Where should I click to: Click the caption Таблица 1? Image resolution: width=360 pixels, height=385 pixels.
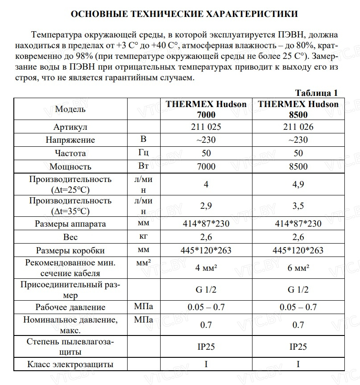click(x=316, y=93)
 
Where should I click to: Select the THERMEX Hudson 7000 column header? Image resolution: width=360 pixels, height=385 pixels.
click(x=206, y=109)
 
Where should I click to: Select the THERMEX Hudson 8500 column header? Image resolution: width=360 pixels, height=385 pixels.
click(x=298, y=109)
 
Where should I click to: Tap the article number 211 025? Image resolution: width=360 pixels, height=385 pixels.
click(x=206, y=127)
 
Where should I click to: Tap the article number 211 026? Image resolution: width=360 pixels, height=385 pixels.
click(x=298, y=127)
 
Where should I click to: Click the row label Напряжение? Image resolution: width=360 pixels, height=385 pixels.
click(x=70, y=140)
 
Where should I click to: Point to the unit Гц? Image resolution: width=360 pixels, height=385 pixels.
click(x=144, y=153)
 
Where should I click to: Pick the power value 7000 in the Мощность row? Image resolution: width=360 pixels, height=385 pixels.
click(x=206, y=166)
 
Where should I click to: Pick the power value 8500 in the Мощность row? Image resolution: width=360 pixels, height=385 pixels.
click(x=298, y=166)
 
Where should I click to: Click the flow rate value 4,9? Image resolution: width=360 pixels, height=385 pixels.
click(x=298, y=184)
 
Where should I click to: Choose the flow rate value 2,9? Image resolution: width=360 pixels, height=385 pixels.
click(x=206, y=206)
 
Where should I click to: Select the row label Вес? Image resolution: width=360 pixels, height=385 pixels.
click(x=70, y=237)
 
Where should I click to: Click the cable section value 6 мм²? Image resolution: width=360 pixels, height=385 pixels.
click(x=298, y=268)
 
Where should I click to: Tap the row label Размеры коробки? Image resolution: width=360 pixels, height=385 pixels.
click(x=70, y=250)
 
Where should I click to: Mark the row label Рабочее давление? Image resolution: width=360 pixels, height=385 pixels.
click(x=70, y=307)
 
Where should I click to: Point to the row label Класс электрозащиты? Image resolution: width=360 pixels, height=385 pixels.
click(x=70, y=364)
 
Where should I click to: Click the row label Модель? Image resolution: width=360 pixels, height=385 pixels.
click(x=70, y=109)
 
